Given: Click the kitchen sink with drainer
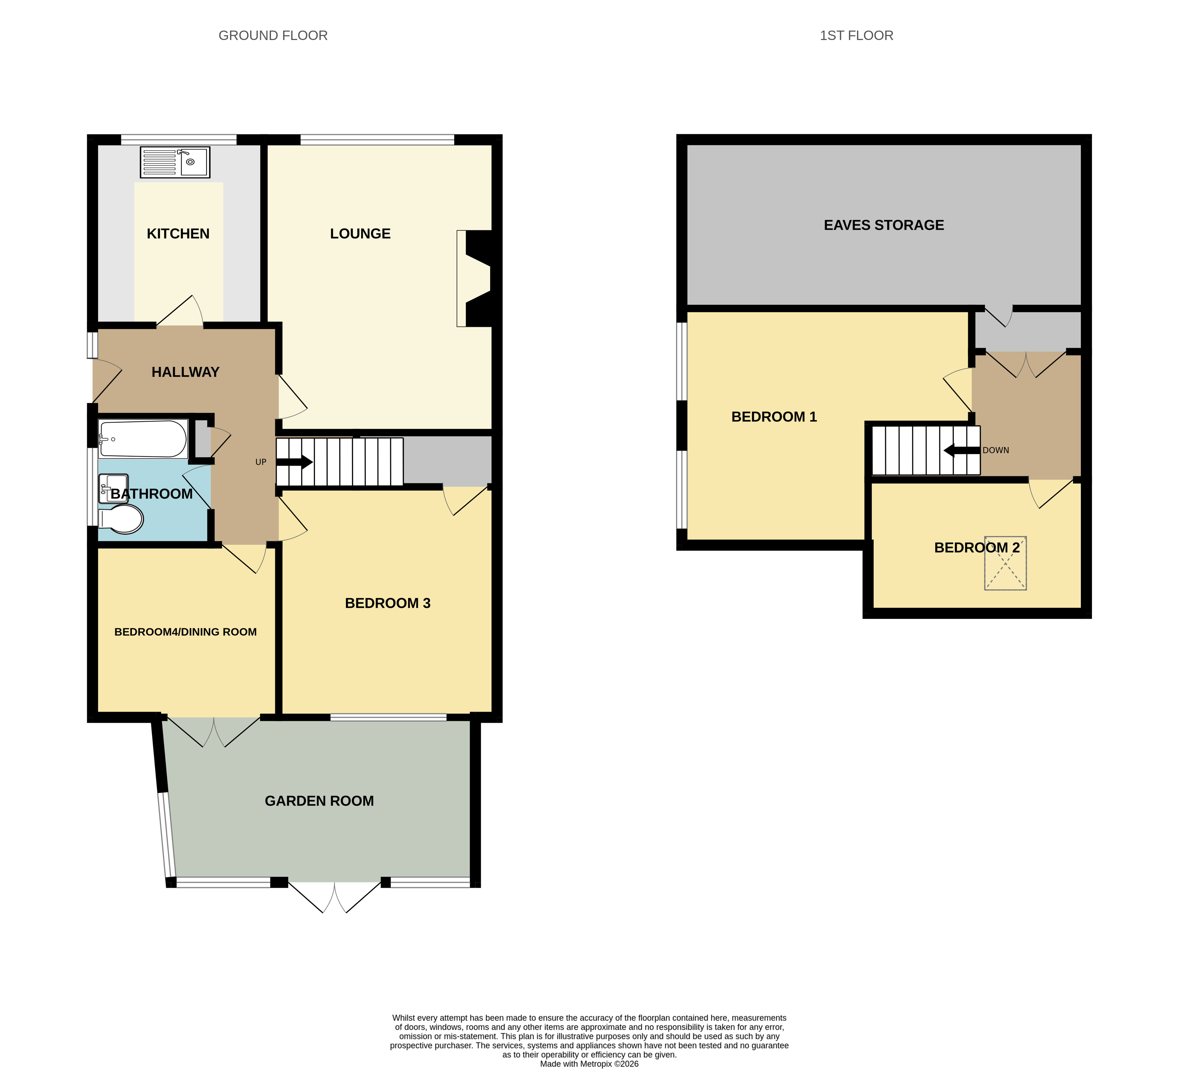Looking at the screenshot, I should (x=175, y=162).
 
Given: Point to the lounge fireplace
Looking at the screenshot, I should (x=475, y=278).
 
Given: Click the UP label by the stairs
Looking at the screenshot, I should (x=261, y=462).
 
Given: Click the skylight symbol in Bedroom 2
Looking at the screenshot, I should (x=1005, y=563).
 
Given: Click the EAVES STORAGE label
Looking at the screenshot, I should (x=884, y=225).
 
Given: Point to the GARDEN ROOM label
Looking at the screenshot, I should (x=319, y=801).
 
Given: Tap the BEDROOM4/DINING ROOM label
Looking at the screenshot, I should (x=185, y=632).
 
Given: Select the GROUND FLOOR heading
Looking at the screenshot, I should (x=273, y=36).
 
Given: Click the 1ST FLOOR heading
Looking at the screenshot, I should (x=856, y=36).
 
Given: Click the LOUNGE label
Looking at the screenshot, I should (x=360, y=234).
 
